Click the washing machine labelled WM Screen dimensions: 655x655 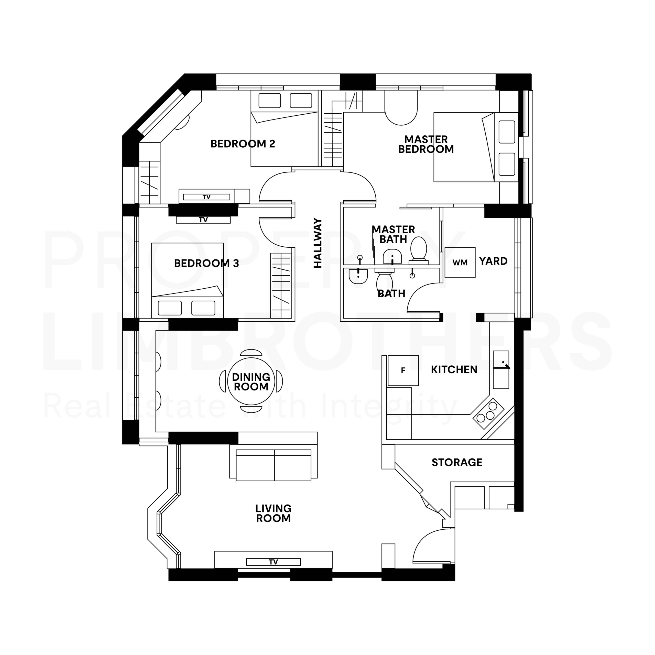[460, 263]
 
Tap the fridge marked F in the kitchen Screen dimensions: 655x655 [403, 370]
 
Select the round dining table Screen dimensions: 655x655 [251, 381]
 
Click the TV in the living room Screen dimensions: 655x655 [273, 562]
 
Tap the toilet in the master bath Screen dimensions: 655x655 [419, 250]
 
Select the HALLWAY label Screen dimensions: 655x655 [318, 243]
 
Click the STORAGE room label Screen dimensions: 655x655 [457, 462]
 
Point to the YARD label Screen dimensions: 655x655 [493, 261]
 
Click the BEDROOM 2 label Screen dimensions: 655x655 [243, 144]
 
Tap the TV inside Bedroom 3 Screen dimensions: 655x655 [203, 220]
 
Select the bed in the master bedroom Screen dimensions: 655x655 [476, 147]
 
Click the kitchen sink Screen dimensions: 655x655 [501, 369]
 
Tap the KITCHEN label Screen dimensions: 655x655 [454, 369]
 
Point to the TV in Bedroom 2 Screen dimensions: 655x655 [206, 197]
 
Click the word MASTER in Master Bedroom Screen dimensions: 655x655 [426, 139]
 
